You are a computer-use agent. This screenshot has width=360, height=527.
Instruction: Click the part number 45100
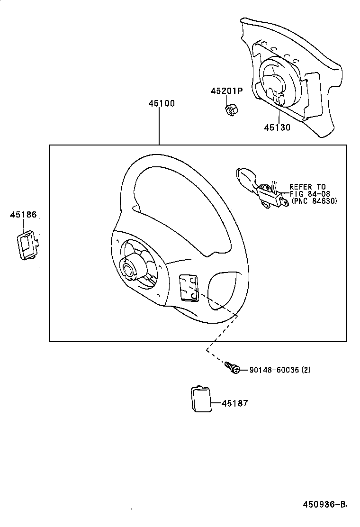point(161,103)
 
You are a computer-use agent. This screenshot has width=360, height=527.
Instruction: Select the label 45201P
point(226,91)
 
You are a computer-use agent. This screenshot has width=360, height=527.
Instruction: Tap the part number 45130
point(277,127)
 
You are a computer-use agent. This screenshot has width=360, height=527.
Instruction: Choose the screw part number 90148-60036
point(274,370)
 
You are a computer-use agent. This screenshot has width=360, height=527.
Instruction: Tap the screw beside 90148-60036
point(232,368)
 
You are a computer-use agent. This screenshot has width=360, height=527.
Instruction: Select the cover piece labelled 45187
point(201,400)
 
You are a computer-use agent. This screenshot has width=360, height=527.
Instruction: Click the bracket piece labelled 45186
point(28,245)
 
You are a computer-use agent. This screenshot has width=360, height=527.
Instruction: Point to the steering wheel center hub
point(129,269)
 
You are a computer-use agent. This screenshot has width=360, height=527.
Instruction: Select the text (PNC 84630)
point(314,200)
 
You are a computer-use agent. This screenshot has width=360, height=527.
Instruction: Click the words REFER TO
point(307,187)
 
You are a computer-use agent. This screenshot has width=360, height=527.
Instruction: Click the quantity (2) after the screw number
point(306,370)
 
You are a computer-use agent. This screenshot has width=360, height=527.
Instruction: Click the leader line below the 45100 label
point(159,126)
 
